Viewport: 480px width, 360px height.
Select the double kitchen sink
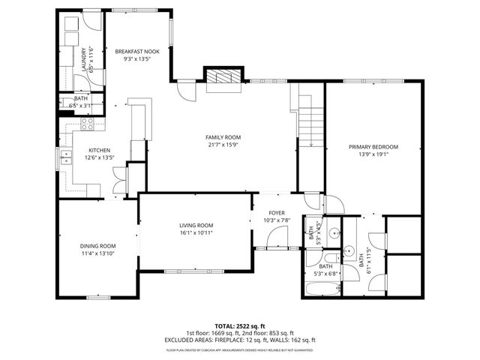66,157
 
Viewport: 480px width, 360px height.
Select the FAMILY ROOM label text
223,137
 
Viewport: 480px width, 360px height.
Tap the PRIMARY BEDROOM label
373,147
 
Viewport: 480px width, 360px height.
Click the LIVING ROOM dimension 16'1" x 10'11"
196,233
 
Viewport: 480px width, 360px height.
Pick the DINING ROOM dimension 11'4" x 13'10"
98,254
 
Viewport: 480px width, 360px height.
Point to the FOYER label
277,211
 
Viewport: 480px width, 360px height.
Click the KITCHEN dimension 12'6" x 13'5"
100,157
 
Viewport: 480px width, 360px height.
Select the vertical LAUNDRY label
81,58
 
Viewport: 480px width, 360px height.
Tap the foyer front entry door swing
277,238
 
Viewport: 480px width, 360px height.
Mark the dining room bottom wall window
98,298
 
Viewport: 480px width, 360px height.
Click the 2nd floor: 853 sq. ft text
266,333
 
